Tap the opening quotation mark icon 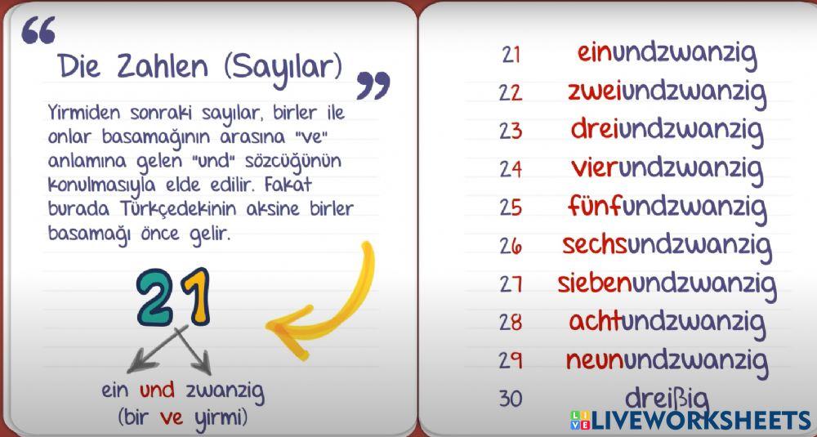pos(38,30)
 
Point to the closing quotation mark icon pos(373,85)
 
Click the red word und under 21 pos(157,390)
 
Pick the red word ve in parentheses pos(172,417)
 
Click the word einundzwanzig pos(667,54)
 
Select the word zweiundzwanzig pos(667,91)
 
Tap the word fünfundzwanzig pos(667,206)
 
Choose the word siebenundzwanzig pos(667,283)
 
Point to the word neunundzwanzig pos(667,359)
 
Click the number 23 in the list pos(511,131)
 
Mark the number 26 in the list pos(511,245)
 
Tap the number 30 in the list pos(511,399)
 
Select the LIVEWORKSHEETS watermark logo pos(690,421)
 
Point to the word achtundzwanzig pos(667,321)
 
